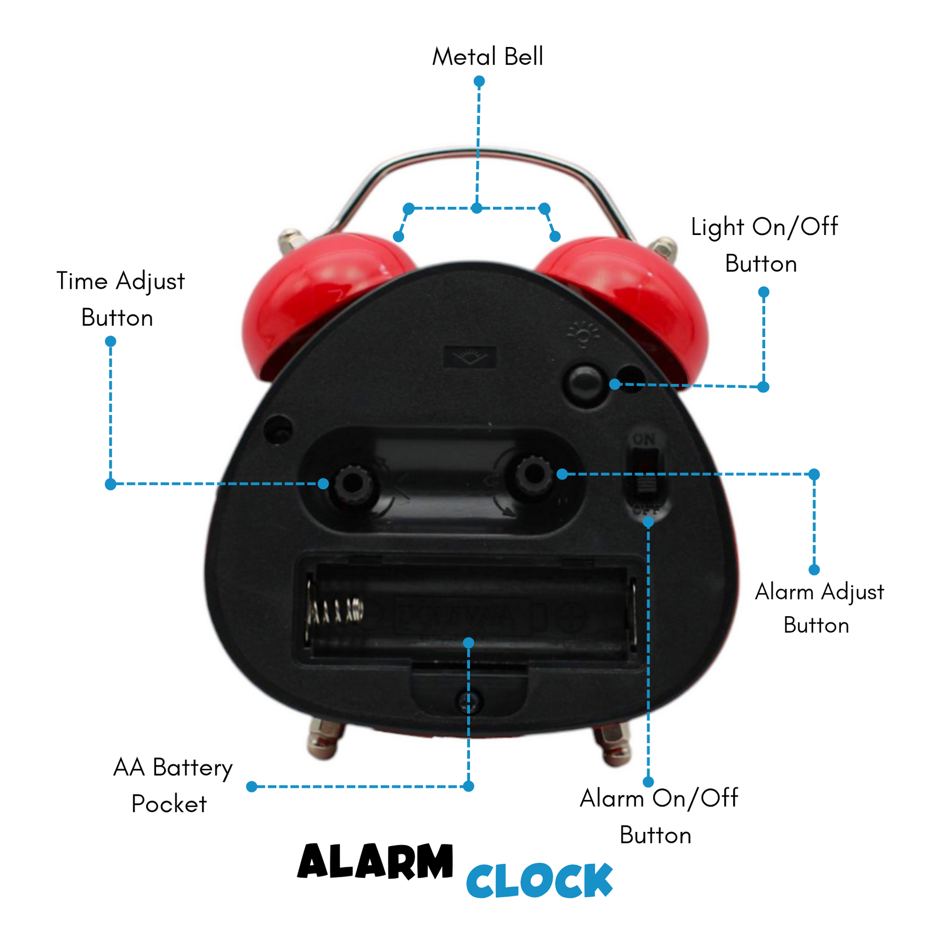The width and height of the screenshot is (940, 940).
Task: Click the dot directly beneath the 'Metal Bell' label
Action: (479, 81)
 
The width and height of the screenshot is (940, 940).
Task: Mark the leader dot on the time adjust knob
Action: (323, 484)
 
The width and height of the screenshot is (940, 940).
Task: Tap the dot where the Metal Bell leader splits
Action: (476, 208)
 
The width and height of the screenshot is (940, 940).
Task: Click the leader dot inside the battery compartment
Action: (468, 642)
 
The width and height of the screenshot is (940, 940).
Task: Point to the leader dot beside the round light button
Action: (615, 384)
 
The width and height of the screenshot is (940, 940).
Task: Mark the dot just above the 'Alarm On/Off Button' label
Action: (648, 782)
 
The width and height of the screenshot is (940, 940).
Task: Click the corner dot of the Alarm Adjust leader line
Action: (814, 474)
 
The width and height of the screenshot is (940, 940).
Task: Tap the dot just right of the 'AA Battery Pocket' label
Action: (252, 786)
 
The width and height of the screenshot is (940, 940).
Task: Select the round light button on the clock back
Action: (584, 384)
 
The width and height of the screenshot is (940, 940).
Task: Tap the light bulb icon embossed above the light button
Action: (583, 335)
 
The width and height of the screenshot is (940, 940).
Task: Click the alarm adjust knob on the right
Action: (532, 474)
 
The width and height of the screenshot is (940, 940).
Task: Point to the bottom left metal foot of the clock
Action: (325, 739)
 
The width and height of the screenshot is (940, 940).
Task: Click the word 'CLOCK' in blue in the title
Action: (539, 880)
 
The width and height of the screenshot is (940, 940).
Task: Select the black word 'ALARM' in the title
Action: (375, 861)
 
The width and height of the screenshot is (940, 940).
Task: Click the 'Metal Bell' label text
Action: (488, 56)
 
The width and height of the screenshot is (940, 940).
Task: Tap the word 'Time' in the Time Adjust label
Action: (82, 281)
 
